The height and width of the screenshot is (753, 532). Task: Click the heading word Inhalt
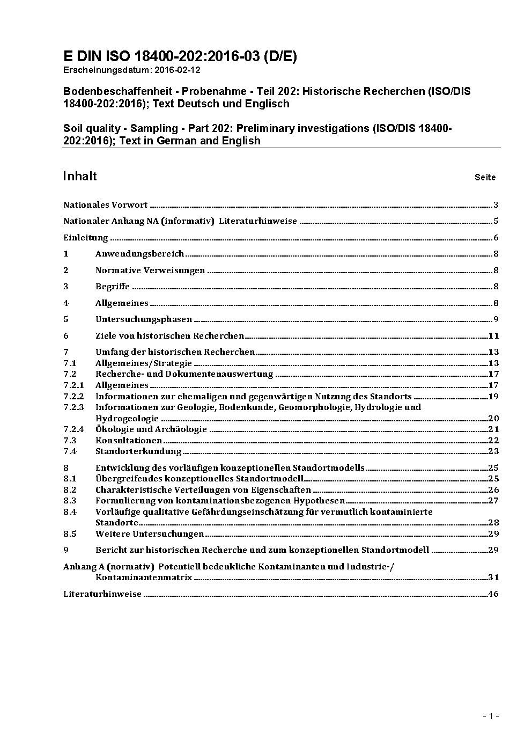80,176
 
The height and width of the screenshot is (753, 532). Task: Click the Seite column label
485,177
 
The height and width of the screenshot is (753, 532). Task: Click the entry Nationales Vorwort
105,204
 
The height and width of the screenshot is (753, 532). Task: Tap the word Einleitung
86,238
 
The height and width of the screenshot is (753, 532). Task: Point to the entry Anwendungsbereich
139,254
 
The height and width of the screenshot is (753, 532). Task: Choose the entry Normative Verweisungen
150,271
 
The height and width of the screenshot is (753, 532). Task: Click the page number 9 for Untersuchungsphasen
496,319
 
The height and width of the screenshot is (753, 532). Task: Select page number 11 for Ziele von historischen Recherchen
493,336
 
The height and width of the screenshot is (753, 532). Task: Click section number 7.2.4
73,429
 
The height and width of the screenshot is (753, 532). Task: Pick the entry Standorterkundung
138,451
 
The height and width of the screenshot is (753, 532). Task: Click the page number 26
493,490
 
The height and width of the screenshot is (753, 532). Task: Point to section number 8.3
70,501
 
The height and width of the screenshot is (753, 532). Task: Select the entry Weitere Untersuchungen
150,534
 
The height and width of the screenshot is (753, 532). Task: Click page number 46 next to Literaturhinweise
493,594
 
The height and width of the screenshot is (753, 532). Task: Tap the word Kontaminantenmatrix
144,577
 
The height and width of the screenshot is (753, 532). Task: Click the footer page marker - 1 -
491,716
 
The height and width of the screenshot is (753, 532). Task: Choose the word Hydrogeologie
127,419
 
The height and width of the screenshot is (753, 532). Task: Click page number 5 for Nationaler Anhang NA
496,221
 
